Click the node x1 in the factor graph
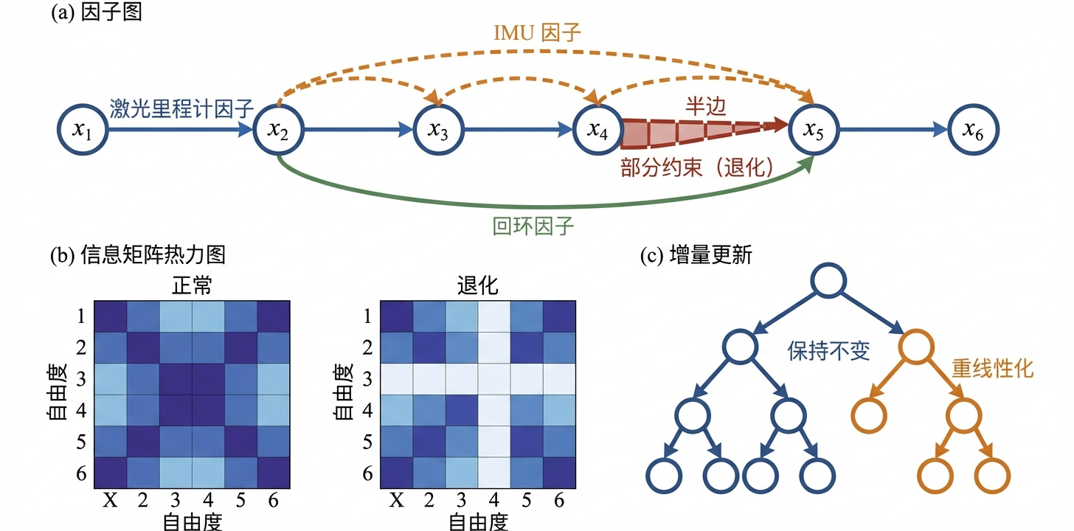pyautogui.click(x=83, y=131)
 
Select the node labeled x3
pyautogui.click(x=439, y=131)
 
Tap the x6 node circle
pyautogui.click(x=973, y=131)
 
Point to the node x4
pyautogui.click(x=597, y=131)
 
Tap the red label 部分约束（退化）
pyautogui.click(x=696, y=168)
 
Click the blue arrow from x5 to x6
pyautogui.click(x=893, y=131)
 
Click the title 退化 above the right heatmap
pyautogui.click(x=477, y=285)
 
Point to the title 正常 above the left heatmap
pyautogui.click(x=192, y=285)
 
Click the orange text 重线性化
pyautogui.click(x=992, y=369)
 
